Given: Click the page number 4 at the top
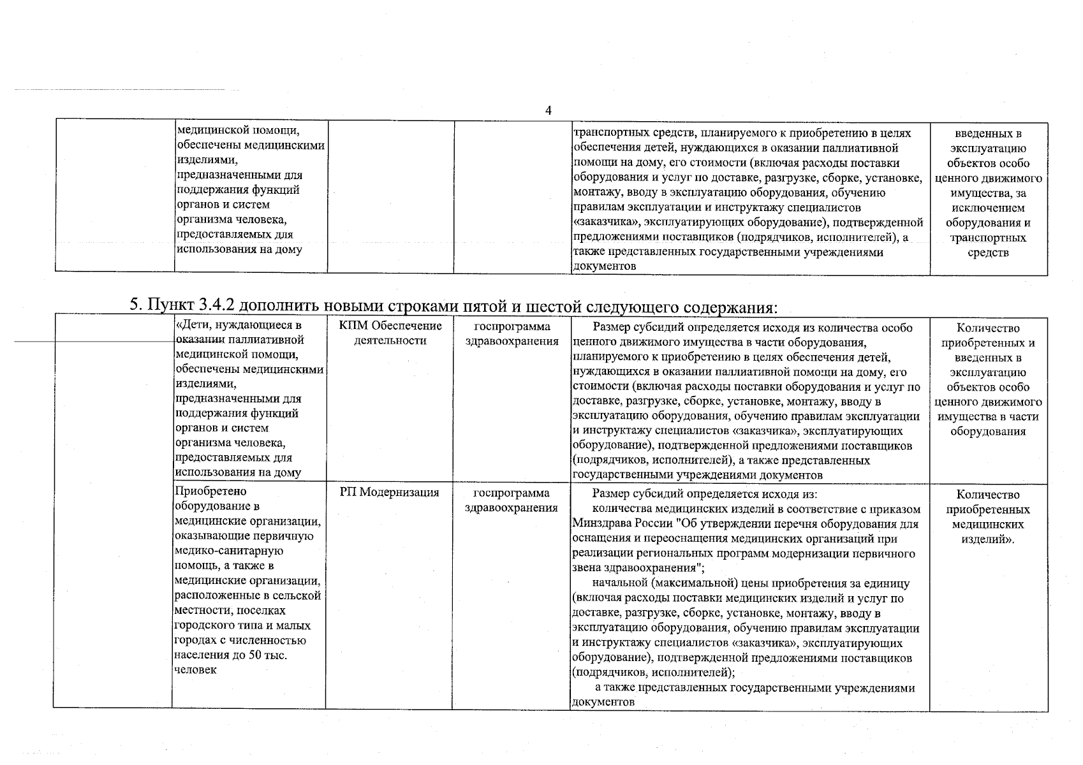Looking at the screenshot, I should [549, 110].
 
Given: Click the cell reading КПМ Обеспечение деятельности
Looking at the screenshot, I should [390, 333].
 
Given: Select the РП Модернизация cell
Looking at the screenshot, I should [389, 493].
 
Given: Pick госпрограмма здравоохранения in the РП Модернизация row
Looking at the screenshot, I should [512, 500].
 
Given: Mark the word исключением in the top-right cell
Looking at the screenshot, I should [988, 208].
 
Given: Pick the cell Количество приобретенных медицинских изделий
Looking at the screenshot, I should [988, 517].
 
